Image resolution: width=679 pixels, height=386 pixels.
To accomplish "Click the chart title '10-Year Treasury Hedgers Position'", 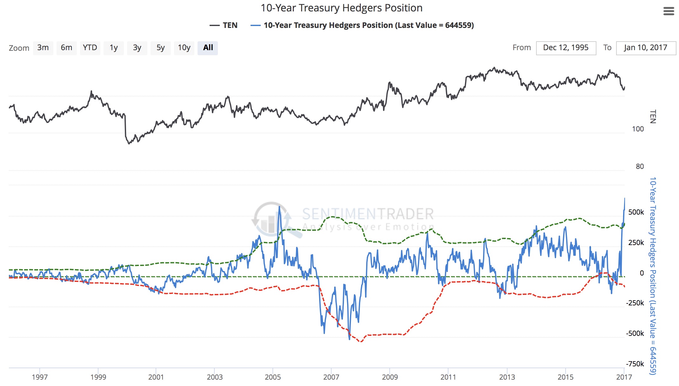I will pos(341,8).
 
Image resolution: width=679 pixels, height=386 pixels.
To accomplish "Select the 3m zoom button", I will pos(43,48).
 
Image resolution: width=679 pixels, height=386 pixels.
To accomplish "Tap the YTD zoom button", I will pos(90,48).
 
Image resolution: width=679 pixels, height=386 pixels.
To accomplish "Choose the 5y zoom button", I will pos(160,48).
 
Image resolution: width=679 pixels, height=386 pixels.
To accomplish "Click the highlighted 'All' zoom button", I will pos(208,48).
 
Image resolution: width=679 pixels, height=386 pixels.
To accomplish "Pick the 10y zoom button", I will pos(184,48).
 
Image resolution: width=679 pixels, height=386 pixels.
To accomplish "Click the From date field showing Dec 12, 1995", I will pos(566,48).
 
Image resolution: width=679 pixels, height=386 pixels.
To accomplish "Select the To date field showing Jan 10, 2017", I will pos(645,48).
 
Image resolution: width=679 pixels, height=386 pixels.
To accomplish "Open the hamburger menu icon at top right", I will pos(669,11).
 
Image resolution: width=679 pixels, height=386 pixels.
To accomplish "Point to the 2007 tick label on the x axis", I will pos(331,377).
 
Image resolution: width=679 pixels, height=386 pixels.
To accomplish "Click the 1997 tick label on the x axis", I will pos(40,377).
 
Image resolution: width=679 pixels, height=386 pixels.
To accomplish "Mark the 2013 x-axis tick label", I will pos(507,377).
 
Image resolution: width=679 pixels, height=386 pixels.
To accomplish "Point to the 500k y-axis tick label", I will pos(636,212).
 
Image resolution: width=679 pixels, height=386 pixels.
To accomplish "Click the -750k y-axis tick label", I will pos(635,364).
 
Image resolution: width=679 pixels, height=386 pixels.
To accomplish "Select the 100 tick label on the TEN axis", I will pos(638,129).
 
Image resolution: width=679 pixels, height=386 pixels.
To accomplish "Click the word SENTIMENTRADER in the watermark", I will pos(368,214).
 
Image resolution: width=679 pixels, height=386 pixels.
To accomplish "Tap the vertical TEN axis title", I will pos(653,116).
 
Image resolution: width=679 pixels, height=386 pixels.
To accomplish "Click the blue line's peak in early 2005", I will pos(279,207).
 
